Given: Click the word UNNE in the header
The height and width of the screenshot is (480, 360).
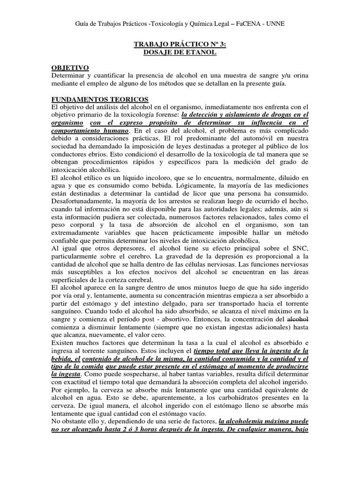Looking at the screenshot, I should [x=274, y=23].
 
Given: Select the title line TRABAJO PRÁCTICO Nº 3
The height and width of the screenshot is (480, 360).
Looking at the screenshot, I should [x=180, y=45].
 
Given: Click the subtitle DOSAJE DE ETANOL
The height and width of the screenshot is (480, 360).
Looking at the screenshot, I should [x=180, y=52].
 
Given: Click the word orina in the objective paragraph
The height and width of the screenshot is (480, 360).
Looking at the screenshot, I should [x=299, y=75].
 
